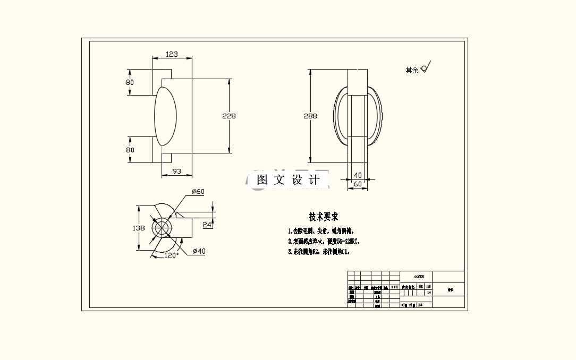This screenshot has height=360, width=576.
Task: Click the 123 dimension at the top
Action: pyautogui.click(x=172, y=54)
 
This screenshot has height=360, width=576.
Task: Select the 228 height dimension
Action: pyautogui.click(x=229, y=116)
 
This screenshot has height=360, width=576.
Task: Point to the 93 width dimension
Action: pyautogui.click(x=177, y=171)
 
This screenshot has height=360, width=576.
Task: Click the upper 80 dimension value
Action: pyautogui.click(x=130, y=82)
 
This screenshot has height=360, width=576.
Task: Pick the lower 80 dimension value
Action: pyautogui.click(x=130, y=150)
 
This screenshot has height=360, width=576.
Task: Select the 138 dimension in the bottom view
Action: pyautogui.click(x=138, y=228)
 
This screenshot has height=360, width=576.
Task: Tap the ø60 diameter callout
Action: pyautogui.click(x=198, y=192)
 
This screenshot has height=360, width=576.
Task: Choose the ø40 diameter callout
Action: pyautogui.click(x=199, y=251)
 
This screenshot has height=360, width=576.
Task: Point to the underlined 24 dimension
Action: pyautogui.click(x=207, y=225)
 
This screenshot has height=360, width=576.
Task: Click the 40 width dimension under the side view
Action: pyautogui.click(x=358, y=175)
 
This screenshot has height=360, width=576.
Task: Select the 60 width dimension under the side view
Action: pyautogui.click(x=358, y=184)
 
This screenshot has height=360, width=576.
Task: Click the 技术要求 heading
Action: pyautogui.click(x=324, y=217)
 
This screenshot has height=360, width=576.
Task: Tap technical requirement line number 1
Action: pyautogui.click(x=320, y=231)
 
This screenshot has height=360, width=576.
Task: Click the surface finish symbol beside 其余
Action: pyautogui.click(x=425, y=67)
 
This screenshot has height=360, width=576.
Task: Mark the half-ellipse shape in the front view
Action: pyautogui.click(x=166, y=116)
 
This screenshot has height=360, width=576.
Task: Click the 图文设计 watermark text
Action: pyautogui.click(x=288, y=180)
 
